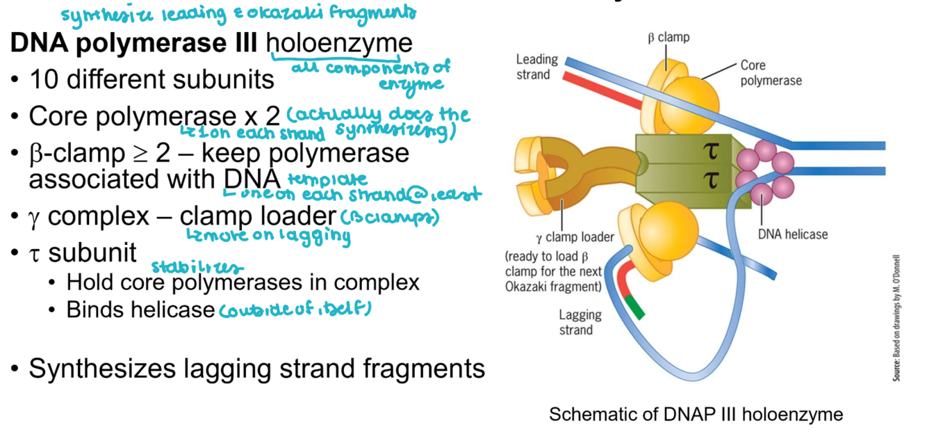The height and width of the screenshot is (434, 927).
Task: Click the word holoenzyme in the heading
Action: pyautogui.click(x=339, y=44)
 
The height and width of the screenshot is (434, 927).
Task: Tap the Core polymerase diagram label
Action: pyautogui.click(x=770, y=73)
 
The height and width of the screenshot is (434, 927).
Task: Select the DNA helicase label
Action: pyautogui.click(x=792, y=234)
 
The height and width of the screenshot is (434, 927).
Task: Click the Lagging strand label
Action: pyautogui.click(x=580, y=321)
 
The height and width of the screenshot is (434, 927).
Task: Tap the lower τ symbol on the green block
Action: pyautogui.click(x=712, y=180)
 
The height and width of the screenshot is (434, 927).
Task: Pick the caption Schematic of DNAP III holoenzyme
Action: pyautogui.click(x=696, y=415)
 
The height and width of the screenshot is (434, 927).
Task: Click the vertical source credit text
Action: pyautogui.click(x=896, y=316)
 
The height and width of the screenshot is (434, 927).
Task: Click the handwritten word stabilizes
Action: pyautogui.click(x=198, y=266)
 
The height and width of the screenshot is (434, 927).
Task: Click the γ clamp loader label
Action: pyautogui.click(x=574, y=237)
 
